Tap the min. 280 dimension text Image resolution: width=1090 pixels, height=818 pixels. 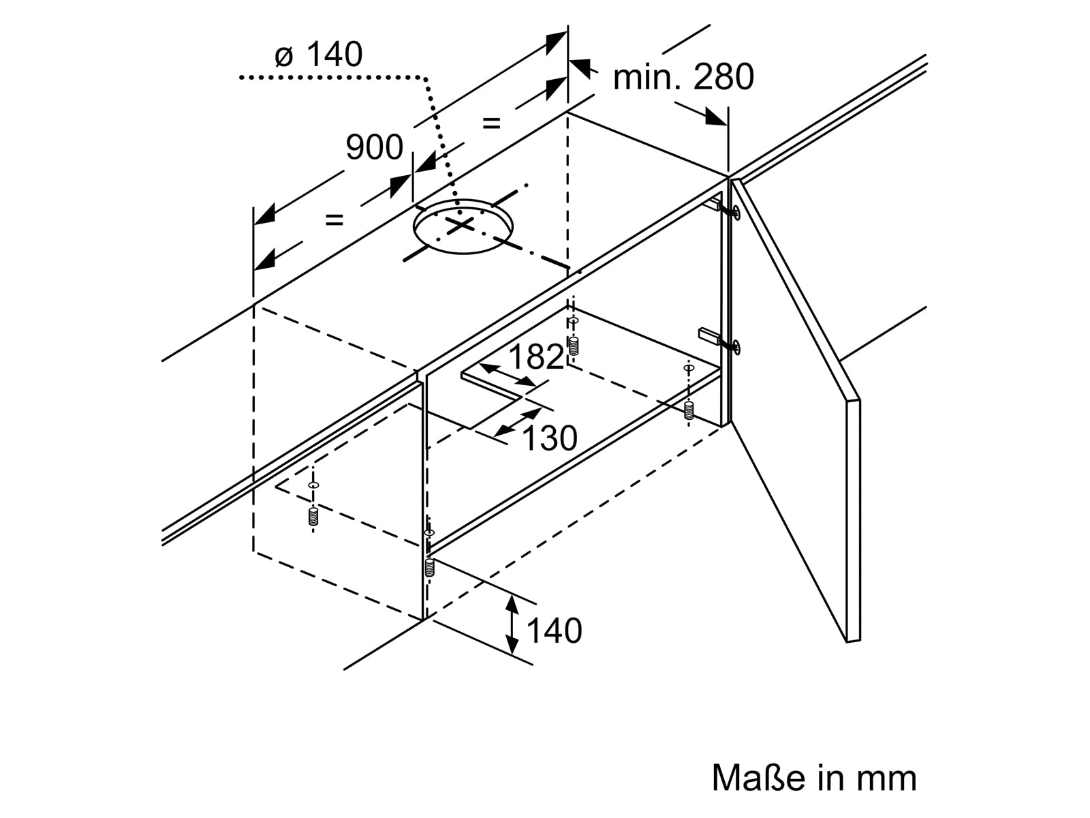click(683, 77)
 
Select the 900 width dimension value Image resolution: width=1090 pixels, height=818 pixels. click(374, 147)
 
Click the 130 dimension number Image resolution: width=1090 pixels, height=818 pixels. click(550, 438)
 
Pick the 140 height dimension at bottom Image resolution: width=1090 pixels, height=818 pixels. click(554, 631)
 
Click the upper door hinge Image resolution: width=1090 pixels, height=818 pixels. click(725, 209)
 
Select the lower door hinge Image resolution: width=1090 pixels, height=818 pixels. click(719, 339)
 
